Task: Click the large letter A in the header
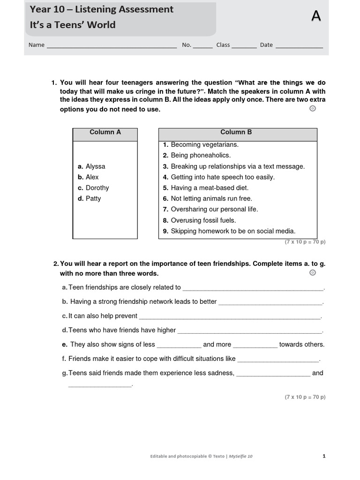316,16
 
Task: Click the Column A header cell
105,133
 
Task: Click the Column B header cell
238,133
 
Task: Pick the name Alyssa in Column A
95,166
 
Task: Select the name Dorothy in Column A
97,188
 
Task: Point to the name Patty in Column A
93,199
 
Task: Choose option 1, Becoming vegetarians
204,145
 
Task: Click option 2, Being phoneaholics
201,156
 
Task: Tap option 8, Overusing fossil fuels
203,220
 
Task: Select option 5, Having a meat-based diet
209,188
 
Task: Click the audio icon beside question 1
313,109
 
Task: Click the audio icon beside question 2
313,273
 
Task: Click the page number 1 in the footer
324,456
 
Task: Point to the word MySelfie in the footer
236,456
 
